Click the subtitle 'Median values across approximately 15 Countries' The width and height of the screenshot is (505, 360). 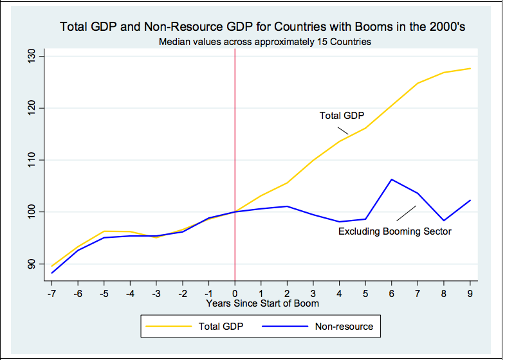tap(262, 42)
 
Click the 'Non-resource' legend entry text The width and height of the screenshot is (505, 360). tap(344, 327)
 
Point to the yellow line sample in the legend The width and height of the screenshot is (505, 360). tap(169, 327)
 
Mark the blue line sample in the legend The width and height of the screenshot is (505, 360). tap(285, 327)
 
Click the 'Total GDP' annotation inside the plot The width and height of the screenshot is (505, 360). tap(342, 116)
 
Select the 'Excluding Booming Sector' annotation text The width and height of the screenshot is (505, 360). tap(395, 231)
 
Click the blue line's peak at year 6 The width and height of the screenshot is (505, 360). tap(392, 179)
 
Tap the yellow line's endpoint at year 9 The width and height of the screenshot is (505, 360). tap(470, 68)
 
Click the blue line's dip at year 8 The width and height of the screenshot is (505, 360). tap(444, 221)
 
